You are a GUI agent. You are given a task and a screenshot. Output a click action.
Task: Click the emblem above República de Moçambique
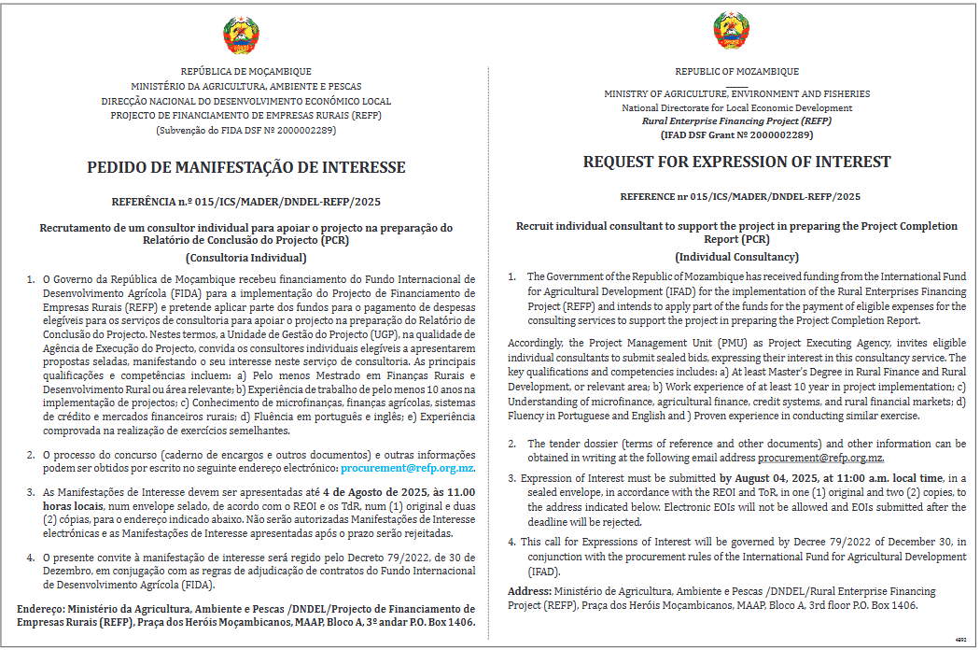[x=241, y=35]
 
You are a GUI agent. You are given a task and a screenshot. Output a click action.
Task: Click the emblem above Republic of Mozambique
[x=732, y=33]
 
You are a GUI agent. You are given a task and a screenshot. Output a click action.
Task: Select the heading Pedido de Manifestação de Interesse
[x=246, y=168]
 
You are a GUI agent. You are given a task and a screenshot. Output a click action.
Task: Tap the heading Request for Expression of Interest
[x=737, y=162]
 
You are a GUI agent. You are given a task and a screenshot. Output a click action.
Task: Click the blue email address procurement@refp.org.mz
[x=407, y=466]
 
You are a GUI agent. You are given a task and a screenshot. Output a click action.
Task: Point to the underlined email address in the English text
[x=820, y=458]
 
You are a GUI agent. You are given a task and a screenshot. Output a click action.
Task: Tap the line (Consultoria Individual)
[x=246, y=257]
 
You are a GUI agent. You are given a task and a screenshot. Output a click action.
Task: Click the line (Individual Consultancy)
[x=737, y=257]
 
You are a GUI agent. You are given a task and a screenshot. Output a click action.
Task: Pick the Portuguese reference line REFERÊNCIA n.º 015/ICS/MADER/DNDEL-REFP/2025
[x=246, y=202]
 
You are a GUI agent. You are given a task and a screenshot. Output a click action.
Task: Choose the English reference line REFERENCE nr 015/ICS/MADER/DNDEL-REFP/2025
[x=740, y=197]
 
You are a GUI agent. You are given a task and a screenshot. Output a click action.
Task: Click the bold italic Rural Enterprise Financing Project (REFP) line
[x=736, y=121]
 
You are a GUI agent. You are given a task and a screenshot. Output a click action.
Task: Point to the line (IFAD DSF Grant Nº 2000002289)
[x=736, y=134]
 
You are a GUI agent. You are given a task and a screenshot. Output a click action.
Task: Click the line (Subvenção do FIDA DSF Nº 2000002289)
[x=246, y=129]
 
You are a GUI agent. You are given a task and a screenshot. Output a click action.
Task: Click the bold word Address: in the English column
[x=529, y=592]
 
